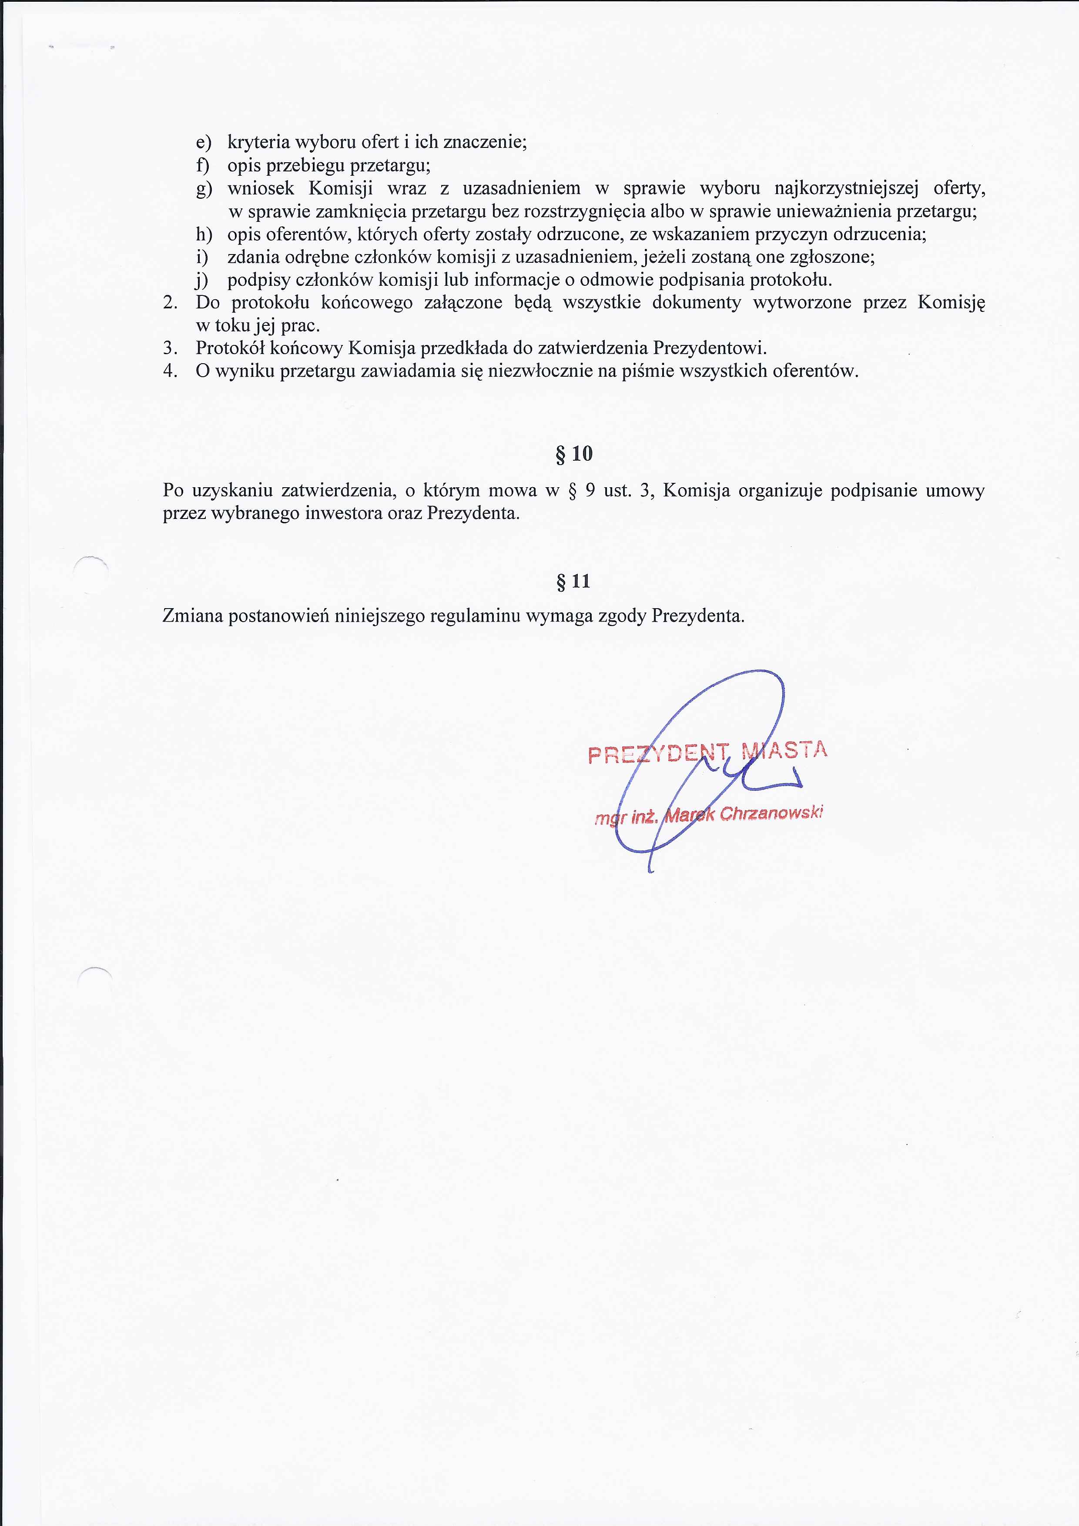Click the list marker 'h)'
204,234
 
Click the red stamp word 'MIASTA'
784,750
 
